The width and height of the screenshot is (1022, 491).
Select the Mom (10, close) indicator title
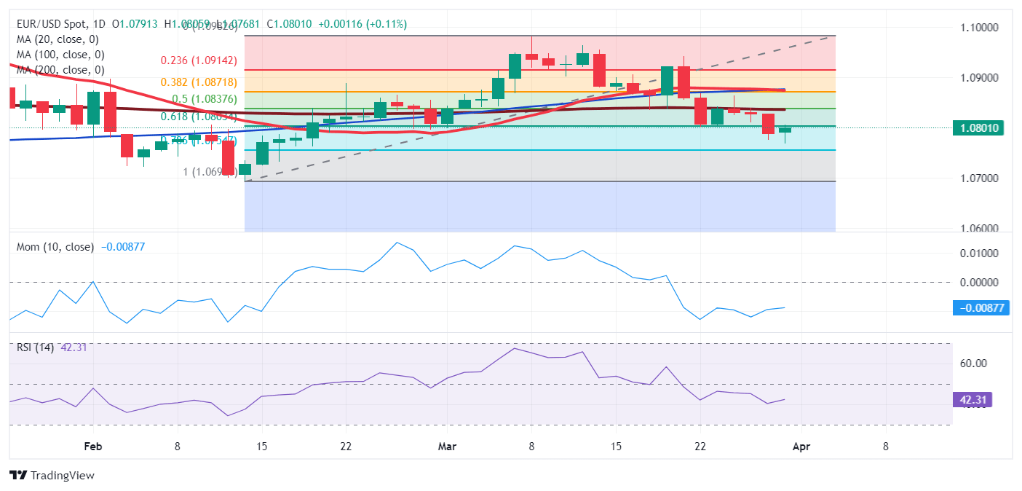click(x=55, y=247)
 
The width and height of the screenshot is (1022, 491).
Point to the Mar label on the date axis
click(x=446, y=447)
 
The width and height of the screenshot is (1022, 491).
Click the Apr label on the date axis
click(x=801, y=447)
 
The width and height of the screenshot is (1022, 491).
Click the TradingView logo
click(x=52, y=476)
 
